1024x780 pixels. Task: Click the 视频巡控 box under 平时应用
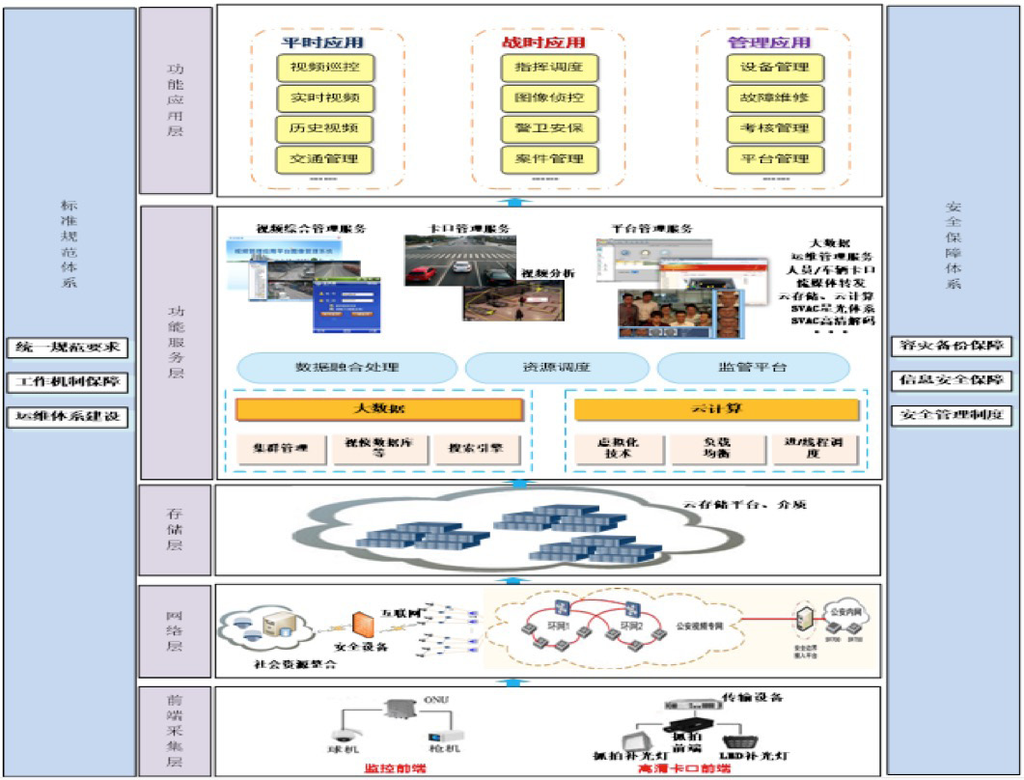(x=324, y=69)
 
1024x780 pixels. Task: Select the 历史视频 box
(x=324, y=128)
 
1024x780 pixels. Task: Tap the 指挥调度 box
(x=550, y=69)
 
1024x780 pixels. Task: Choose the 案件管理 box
(x=550, y=158)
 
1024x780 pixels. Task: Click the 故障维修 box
(x=774, y=98)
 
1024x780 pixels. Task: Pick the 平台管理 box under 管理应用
(x=774, y=158)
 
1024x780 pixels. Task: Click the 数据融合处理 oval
(x=346, y=368)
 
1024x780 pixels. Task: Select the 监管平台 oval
(x=753, y=368)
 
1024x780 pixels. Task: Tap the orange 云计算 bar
(x=716, y=409)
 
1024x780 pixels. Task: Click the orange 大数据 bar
(x=378, y=409)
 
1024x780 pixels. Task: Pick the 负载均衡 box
(x=716, y=449)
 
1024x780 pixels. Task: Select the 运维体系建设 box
(x=69, y=417)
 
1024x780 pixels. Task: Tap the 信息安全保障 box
(x=952, y=380)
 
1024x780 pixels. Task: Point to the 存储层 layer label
(x=175, y=531)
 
